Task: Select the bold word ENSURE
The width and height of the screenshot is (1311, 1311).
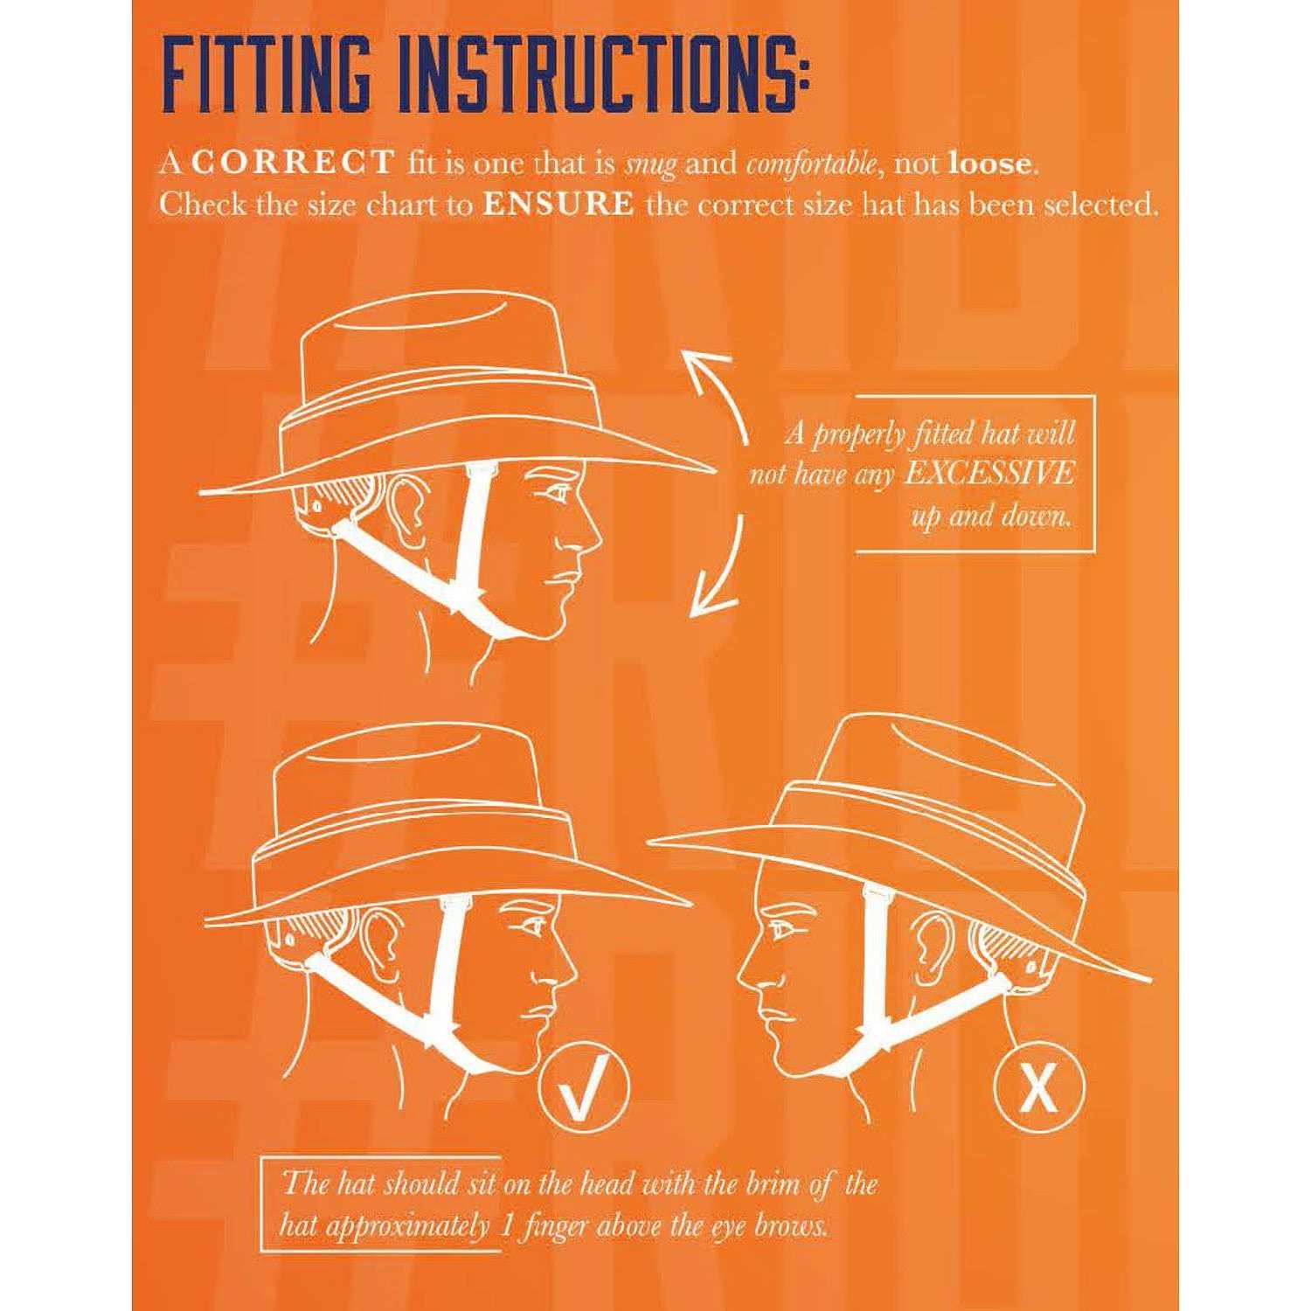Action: [558, 205]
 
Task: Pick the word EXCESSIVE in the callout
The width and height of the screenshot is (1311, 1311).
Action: [988, 474]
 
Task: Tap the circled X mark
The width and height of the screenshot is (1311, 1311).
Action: [1039, 1089]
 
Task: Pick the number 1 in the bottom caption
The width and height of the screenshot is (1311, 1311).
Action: [505, 1226]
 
